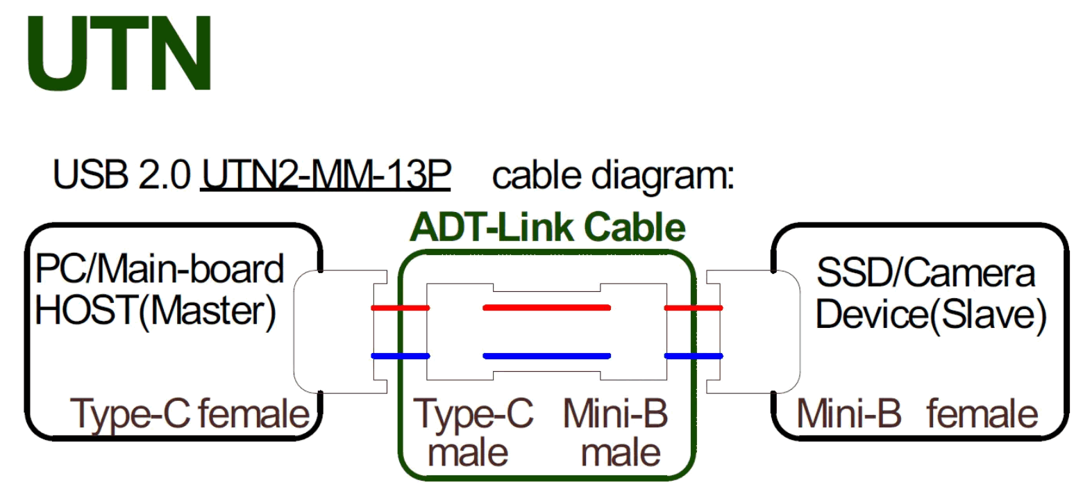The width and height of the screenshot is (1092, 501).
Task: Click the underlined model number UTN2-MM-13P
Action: tap(326, 174)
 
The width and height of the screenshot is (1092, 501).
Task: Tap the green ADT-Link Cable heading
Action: tap(548, 227)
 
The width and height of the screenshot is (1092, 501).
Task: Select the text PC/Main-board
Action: tap(160, 270)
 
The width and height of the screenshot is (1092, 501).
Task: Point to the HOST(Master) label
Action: tap(156, 311)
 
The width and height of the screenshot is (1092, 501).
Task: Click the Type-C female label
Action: tap(190, 414)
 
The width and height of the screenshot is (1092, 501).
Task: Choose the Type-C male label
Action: tap(473, 432)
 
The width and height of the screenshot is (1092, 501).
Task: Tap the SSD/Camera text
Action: tap(925, 272)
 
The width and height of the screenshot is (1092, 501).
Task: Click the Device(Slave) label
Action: tap(931, 314)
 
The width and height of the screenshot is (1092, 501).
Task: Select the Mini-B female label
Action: tap(916, 414)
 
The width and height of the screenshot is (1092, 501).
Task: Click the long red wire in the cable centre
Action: tap(546, 307)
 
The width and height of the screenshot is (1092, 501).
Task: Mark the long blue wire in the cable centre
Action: tap(546, 356)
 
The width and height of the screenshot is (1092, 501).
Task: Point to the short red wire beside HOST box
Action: tap(400, 308)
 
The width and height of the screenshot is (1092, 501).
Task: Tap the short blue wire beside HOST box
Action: tap(400, 356)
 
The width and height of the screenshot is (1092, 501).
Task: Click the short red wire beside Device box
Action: tap(694, 308)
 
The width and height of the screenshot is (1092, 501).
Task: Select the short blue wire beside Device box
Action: tap(694, 356)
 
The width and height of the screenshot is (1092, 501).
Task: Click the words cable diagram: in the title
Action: tap(612, 175)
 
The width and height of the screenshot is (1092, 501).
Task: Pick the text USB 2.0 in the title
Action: tap(121, 174)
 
